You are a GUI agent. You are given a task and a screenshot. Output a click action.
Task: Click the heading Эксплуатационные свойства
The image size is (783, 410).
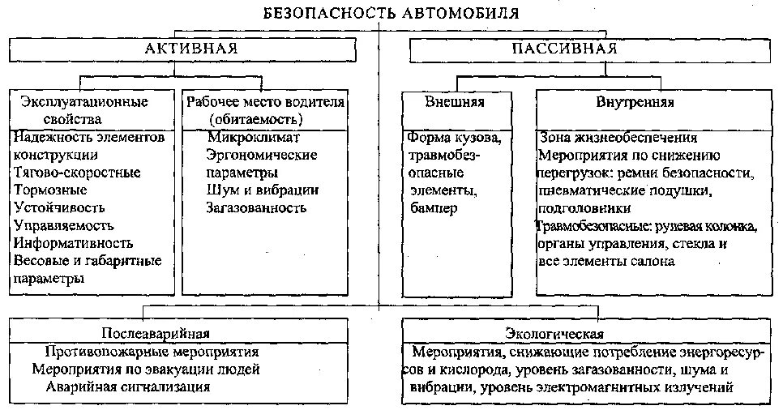point(83,109)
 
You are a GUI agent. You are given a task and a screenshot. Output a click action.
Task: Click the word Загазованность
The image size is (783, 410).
point(256,208)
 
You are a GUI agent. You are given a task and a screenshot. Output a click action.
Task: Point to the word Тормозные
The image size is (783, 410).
point(50,190)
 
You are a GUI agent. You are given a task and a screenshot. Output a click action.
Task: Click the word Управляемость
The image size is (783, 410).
point(64,226)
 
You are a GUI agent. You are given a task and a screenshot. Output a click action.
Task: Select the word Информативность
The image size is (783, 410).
point(73,243)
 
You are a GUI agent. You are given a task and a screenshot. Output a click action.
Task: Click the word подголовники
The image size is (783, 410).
point(582,208)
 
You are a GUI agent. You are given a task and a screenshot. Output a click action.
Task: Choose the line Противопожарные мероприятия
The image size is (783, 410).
point(152,352)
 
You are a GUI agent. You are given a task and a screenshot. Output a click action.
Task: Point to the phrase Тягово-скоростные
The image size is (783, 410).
point(77,173)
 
